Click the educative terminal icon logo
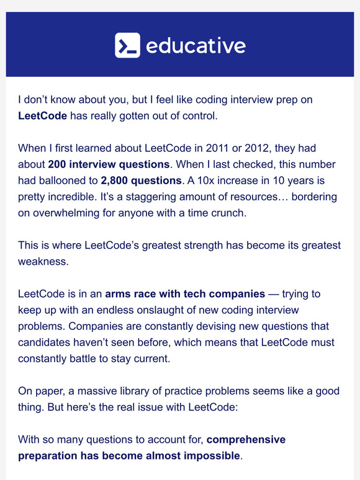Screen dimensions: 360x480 tap(127, 45)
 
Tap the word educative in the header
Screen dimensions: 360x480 tap(195, 46)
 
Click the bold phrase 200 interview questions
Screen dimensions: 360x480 tap(108, 164)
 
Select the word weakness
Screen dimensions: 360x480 tap(43, 261)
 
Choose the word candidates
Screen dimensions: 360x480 tap(44, 342)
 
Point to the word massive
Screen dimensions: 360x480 tap(96, 390)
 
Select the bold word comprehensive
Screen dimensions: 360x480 tap(246, 440)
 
